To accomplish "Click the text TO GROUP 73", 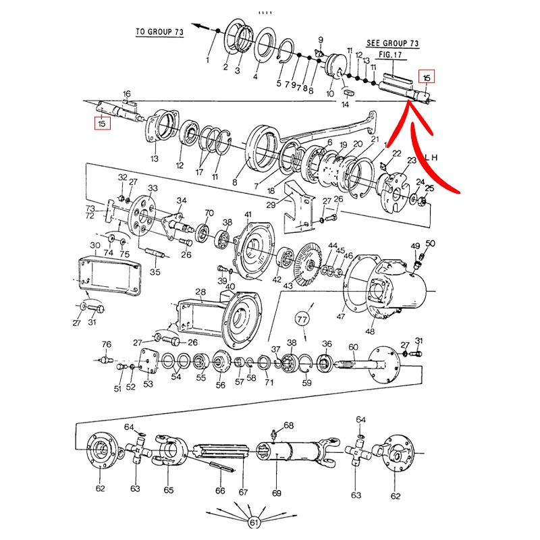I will coord(159,32).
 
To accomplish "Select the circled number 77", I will coord(302,317).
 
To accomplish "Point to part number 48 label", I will coord(369,331).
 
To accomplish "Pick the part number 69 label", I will coord(276,493).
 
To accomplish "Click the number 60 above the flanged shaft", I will coord(352,347).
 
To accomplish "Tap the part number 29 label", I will coord(270,205).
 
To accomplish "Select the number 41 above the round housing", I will coord(248,215).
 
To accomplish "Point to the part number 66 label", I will coord(219,491).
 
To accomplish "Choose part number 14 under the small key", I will coord(345,105).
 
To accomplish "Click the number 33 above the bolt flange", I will coord(153,188).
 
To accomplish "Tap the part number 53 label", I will coord(148,384).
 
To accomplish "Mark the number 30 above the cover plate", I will coord(95,245).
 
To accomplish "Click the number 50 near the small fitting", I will coord(430,243).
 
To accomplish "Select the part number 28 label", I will coord(200,292).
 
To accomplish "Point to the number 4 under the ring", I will coord(255,76).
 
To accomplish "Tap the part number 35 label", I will coord(155,272).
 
